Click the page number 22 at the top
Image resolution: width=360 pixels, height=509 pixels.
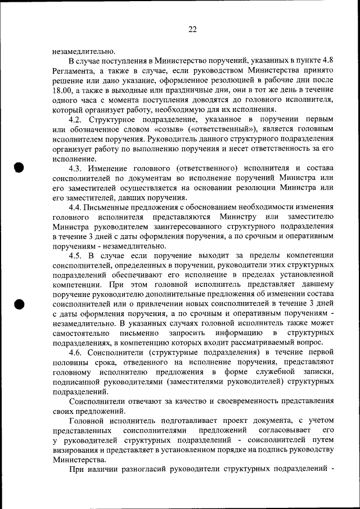pos(192,30)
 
